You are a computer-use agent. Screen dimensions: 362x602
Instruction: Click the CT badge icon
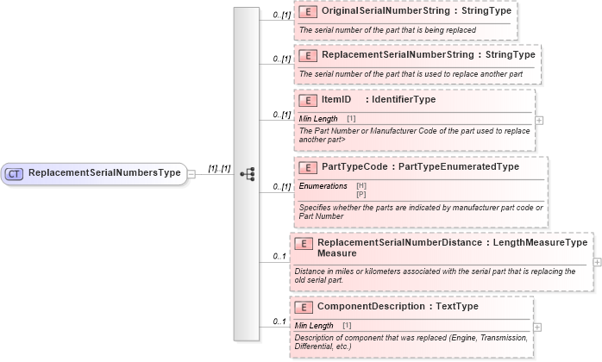(15, 173)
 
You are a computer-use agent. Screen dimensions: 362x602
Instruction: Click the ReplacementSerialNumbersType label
(104, 173)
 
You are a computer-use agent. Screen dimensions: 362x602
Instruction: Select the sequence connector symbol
(248, 173)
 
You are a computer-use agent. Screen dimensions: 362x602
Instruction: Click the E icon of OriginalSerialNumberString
(308, 14)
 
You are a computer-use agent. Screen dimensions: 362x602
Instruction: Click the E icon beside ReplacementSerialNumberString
(308, 56)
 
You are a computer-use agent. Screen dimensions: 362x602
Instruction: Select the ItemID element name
(335, 100)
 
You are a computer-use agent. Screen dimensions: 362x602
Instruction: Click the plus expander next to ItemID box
(539, 120)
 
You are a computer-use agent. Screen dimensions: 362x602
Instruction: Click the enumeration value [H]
(361, 186)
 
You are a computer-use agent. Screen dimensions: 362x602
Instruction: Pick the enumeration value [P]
(361, 194)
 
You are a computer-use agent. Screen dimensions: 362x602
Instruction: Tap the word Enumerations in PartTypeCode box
(323, 186)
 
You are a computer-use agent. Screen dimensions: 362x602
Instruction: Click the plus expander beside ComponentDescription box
(538, 327)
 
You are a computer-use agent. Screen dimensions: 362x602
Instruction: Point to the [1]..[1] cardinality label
(219, 168)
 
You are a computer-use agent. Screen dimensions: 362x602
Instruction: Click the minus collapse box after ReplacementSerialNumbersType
(192, 173)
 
